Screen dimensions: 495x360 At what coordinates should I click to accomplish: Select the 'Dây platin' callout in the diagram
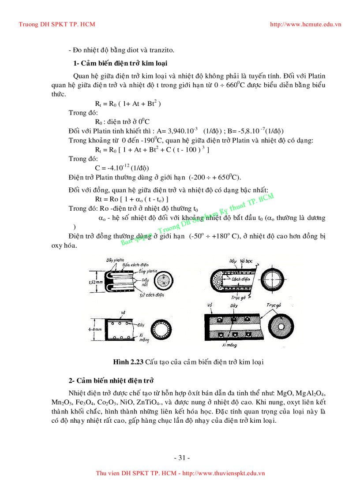pos(116,260)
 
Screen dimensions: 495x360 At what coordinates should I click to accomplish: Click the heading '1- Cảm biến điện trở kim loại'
pos(120,63)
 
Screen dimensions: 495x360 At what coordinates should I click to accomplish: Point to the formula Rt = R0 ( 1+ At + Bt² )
pos(127,104)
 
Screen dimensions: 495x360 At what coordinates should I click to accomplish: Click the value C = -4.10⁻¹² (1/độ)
pos(122,168)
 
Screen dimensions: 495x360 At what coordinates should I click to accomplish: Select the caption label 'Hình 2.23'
pos(128,362)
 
